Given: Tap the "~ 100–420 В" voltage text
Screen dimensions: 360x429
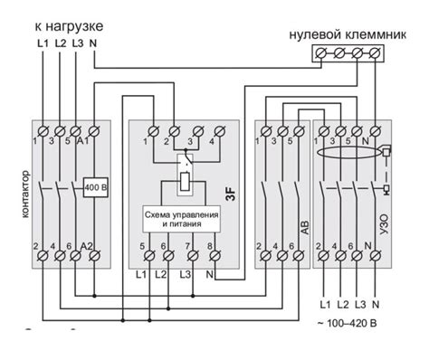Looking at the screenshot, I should pos(347,323).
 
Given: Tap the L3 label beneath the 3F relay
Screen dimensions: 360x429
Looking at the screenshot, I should pos(186,273).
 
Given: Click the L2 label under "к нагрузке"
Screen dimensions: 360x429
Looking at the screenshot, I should pos(60,43).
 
